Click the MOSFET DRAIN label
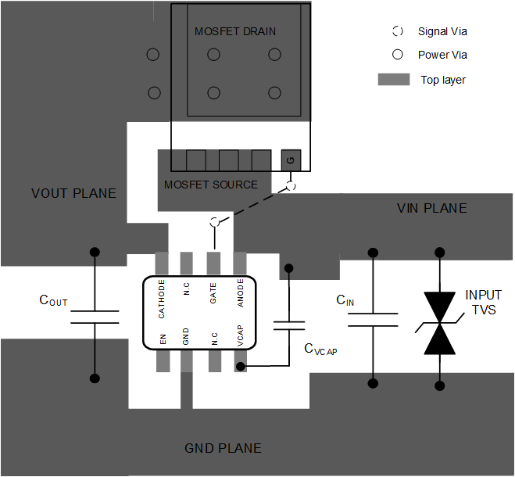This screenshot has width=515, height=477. pyautogui.click(x=235, y=31)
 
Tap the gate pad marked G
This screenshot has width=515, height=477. pyautogui.click(x=291, y=160)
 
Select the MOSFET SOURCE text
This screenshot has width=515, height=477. pyautogui.click(x=210, y=185)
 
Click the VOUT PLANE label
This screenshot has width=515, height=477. pyautogui.click(x=73, y=193)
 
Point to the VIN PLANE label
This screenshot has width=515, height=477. pyautogui.click(x=431, y=208)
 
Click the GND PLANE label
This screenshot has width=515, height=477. pyautogui.click(x=223, y=448)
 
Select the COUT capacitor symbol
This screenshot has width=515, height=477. pyautogui.click(x=95, y=316)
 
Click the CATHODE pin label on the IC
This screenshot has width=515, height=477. pyautogui.click(x=162, y=298)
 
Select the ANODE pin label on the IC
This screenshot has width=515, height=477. pyautogui.click(x=241, y=293)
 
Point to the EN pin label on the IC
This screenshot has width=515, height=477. pyautogui.click(x=163, y=339)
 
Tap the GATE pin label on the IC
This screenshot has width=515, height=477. pyautogui.click(x=213, y=294)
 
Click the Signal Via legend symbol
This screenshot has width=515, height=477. pyautogui.click(x=398, y=31)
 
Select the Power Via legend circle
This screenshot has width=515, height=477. pyautogui.click(x=398, y=55)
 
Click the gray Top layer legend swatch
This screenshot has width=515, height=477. pyautogui.click(x=394, y=80)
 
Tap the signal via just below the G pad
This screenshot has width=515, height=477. pyautogui.click(x=291, y=186)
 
